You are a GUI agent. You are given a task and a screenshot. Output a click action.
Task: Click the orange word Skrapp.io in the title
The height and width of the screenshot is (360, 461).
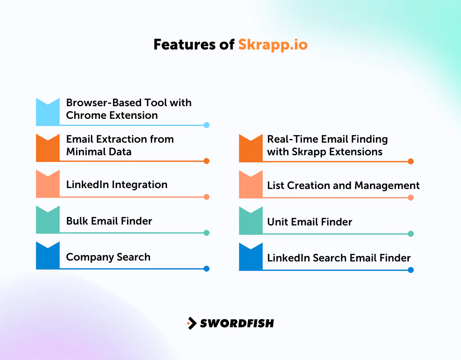273,45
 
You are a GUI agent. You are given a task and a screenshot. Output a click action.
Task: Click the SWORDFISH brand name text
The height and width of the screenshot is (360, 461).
237,323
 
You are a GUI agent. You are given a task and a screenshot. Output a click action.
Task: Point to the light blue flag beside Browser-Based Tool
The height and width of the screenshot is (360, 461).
48,112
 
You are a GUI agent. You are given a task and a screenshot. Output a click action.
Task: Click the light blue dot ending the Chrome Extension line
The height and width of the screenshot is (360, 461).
207,125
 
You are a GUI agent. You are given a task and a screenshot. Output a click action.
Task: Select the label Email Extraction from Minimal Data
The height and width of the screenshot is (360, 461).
120,145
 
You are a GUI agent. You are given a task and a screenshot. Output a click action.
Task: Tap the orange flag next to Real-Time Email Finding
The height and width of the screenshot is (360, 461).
251,148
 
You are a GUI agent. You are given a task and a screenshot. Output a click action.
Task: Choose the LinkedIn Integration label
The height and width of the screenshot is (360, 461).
117,184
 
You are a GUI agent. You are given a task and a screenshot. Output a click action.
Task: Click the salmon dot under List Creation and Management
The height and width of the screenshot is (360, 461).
411,198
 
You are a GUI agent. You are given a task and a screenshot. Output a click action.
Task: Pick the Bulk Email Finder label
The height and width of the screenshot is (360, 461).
109,221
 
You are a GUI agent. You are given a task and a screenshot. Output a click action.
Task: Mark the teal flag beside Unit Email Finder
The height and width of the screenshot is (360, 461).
251,220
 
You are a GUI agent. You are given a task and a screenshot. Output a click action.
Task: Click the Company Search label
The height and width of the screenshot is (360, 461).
108,257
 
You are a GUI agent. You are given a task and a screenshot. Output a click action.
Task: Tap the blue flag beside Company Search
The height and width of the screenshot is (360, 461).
48,256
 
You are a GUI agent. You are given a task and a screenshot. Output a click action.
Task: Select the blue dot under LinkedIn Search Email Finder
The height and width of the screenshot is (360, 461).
411,270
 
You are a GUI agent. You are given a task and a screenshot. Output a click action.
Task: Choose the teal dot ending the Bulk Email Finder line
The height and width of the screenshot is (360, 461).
207,233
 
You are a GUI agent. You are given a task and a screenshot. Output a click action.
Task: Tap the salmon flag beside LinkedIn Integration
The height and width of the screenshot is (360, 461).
48,184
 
